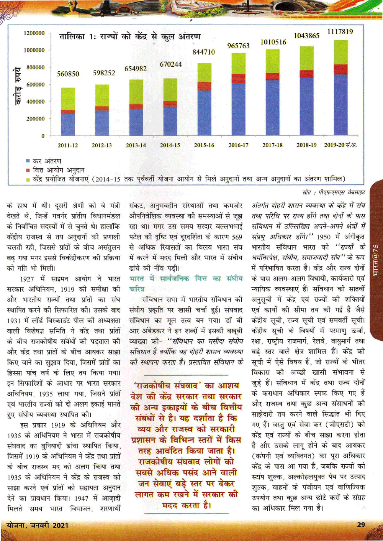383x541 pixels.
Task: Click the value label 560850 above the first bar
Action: (x=68, y=74)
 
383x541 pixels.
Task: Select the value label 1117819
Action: (x=340, y=31)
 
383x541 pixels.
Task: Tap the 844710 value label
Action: (x=203, y=52)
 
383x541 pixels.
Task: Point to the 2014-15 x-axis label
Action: (x=170, y=145)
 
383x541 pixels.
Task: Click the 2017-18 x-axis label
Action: (x=272, y=145)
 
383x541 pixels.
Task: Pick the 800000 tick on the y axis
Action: (x=35, y=67)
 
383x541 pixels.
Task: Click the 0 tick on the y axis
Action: (x=43, y=136)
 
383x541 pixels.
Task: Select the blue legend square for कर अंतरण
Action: (x=28, y=161)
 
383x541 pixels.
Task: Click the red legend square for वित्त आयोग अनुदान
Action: (x=28, y=170)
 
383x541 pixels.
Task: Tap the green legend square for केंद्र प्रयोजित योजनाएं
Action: (x=28, y=179)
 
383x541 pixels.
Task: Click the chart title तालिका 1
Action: (x=129, y=37)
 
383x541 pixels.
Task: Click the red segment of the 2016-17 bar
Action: (x=238, y=79)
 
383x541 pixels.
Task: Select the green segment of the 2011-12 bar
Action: (x=68, y=99)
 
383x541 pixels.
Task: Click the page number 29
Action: (x=361, y=525)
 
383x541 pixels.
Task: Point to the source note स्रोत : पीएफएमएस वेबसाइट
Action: (x=331, y=192)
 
